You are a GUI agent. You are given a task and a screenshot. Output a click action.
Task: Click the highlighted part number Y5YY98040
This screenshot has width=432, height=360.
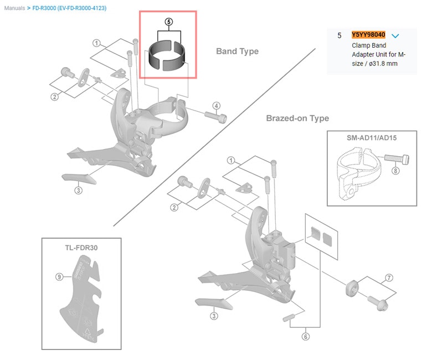coord(368,35)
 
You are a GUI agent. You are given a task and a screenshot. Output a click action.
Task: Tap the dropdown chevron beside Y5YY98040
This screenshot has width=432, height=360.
coord(395,36)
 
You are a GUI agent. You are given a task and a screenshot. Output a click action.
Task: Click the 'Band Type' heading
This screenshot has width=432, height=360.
coord(237,52)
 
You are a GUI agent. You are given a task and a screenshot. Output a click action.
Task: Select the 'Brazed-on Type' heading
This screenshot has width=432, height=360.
coord(297,118)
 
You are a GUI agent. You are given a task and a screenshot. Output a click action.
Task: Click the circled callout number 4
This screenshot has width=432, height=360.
coord(217,105)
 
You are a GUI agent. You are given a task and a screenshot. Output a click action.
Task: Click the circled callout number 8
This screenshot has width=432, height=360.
coord(395,171)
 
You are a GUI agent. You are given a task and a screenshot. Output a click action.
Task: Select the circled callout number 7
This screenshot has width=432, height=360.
coord(389,277)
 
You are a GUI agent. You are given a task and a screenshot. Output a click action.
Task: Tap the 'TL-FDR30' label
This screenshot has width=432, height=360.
coord(81,248)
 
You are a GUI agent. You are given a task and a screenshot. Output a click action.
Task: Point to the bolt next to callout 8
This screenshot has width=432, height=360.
coord(396,160)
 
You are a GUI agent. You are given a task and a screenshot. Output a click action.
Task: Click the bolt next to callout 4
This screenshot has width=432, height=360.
coord(215,117)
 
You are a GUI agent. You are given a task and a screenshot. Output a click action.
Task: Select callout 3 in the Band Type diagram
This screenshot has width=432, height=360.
coord(79,190)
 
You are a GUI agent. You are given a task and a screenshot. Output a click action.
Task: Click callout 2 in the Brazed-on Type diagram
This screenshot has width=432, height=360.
coord(174,208)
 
